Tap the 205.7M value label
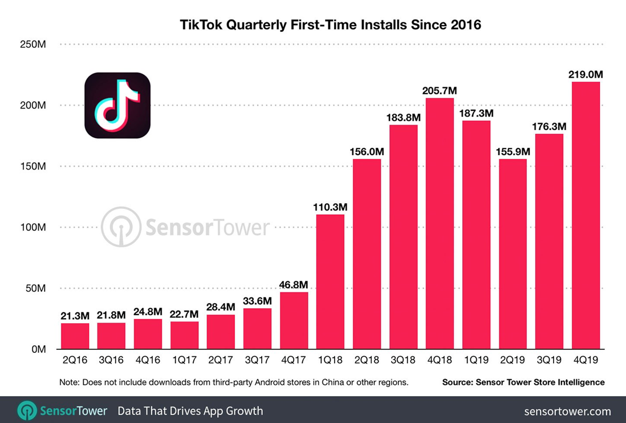[440, 90]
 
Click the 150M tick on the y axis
[33, 166]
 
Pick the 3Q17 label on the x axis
[257, 361]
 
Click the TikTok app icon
[117, 105]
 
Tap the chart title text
[330, 25]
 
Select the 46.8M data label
[294, 284]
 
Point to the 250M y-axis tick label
[33, 45]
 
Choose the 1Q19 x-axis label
[476, 361]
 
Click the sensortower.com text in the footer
[567, 411]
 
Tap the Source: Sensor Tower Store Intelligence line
[523, 382]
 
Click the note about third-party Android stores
[234, 382]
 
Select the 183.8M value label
[403, 117]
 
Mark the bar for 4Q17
[294, 320]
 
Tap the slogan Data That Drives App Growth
[190, 411]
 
